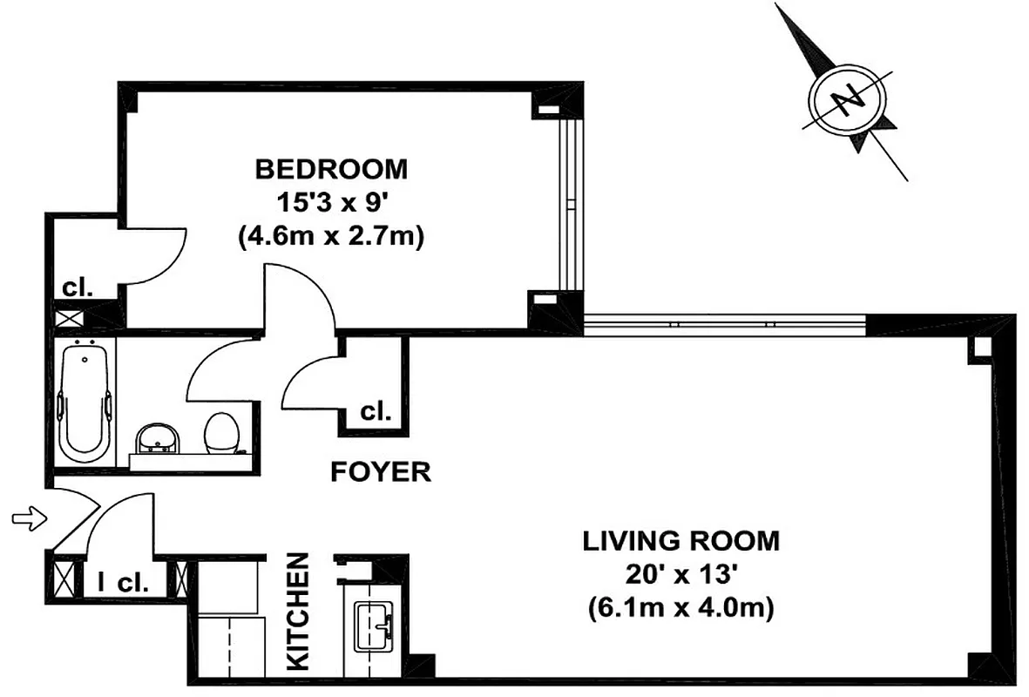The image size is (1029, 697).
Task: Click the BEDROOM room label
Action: click(x=330, y=168)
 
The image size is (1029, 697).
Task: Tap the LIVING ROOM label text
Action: click(x=680, y=541)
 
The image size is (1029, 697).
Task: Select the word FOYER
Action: click(x=381, y=472)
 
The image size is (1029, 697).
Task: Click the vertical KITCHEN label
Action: click(x=299, y=612)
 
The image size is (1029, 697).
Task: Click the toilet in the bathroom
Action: click(x=222, y=431)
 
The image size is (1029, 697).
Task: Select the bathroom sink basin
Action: click(x=159, y=438)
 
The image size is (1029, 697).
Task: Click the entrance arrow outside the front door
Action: click(x=26, y=519)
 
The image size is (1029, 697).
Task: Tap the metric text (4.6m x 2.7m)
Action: click(x=330, y=238)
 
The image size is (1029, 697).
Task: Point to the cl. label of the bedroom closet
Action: click(x=78, y=288)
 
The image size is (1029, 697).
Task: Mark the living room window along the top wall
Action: click(x=723, y=325)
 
